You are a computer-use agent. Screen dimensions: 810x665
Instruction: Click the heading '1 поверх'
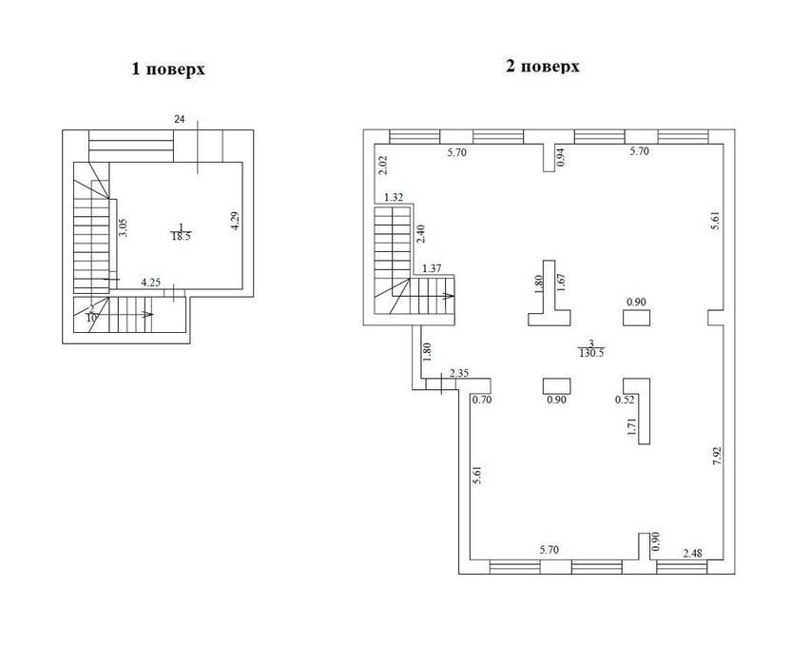168,69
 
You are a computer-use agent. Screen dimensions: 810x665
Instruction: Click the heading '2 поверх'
543,67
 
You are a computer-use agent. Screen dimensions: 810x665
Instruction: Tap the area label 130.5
591,353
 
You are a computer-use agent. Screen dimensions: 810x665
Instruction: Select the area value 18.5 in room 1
181,237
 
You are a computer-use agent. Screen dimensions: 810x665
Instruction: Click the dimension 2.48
692,554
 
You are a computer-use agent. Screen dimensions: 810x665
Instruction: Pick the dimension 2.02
383,165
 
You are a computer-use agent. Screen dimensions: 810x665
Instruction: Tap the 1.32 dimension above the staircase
394,197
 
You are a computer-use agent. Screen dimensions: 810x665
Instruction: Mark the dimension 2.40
421,234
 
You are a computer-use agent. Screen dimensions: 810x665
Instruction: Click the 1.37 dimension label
432,268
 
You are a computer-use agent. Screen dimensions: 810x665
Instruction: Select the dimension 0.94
562,157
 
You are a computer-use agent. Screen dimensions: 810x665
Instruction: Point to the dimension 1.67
562,284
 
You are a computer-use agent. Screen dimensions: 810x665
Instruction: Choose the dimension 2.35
459,373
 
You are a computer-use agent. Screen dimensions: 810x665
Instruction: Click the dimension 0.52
625,400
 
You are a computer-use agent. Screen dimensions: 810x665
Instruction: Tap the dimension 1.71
632,427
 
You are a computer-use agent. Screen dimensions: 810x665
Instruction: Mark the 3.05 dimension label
123,227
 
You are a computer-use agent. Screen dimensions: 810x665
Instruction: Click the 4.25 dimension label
151,283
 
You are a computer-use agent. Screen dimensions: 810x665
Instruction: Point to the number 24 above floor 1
180,120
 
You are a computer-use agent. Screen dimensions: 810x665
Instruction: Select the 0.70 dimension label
482,400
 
